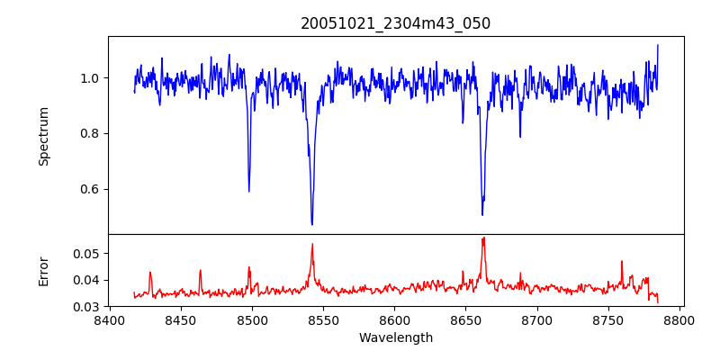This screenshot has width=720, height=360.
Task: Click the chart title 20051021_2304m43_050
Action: coord(395,23)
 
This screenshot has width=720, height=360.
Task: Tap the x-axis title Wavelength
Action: coord(395,338)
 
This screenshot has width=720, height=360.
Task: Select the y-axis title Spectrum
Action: coord(44,136)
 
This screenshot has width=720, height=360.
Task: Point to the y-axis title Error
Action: coord(44,271)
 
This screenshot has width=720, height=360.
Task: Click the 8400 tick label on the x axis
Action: coord(109,319)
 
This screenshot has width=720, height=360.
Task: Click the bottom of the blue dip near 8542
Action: coord(311,224)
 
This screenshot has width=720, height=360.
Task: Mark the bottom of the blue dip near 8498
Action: coord(249,191)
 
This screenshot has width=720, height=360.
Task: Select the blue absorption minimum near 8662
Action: coord(482,214)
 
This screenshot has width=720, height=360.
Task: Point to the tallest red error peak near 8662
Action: coord(483,238)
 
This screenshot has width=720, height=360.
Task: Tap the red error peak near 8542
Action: coord(312,244)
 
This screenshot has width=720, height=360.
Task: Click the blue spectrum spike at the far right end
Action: coord(658,45)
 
